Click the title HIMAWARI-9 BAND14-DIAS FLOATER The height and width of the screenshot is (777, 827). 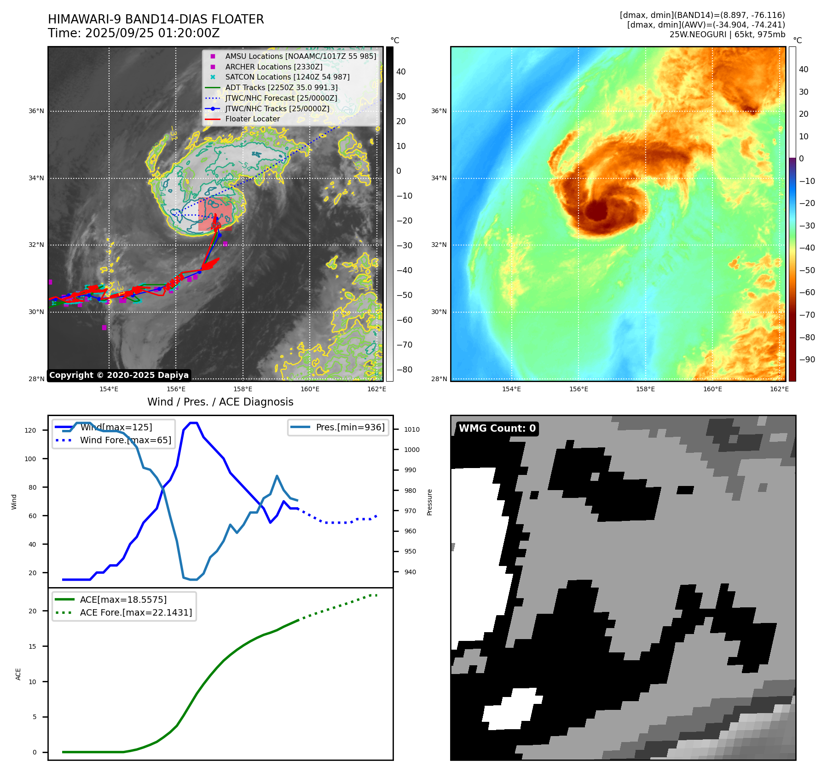[156, 19]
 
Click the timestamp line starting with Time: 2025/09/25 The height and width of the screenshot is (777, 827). [133, 33]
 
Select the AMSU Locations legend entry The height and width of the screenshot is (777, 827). [300, 56]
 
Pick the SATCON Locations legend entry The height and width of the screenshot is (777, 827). [287, 77]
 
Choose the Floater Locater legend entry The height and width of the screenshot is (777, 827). [252, 119]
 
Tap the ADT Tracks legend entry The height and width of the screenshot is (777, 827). [281, 87]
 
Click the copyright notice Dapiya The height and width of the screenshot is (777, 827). [119, 375]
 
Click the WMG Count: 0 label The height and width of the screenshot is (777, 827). [497, 428]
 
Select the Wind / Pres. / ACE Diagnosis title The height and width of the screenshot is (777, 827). [220, 402]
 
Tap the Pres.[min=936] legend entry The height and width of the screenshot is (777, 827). [350, 427]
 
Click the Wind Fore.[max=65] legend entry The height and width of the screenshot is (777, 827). [125, 440]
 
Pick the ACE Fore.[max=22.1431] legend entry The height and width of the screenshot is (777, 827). [136, 612]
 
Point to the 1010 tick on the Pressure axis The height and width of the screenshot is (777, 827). [412, 429]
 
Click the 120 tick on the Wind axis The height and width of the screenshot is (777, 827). [30, 430]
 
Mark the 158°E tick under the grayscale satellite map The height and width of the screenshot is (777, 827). [243, 389]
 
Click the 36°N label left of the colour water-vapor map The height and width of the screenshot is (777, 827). [439, 111]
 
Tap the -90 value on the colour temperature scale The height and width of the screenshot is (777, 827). [807, 360]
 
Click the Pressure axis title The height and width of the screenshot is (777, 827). [429, 502]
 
